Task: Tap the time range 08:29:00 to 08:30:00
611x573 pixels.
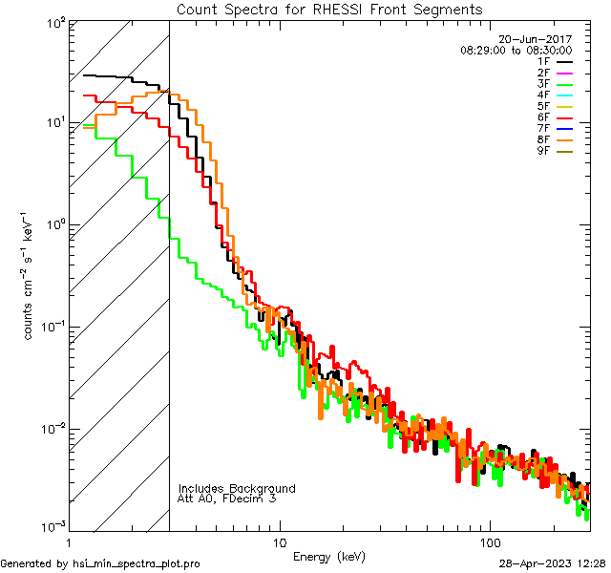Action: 516,50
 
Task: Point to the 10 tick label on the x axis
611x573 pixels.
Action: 279,541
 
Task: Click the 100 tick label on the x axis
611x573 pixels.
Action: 489,541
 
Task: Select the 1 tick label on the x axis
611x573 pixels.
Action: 69,541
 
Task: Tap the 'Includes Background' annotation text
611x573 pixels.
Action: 237,488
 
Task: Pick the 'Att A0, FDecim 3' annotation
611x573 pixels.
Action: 227,499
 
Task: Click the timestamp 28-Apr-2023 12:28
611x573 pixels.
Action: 553,563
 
